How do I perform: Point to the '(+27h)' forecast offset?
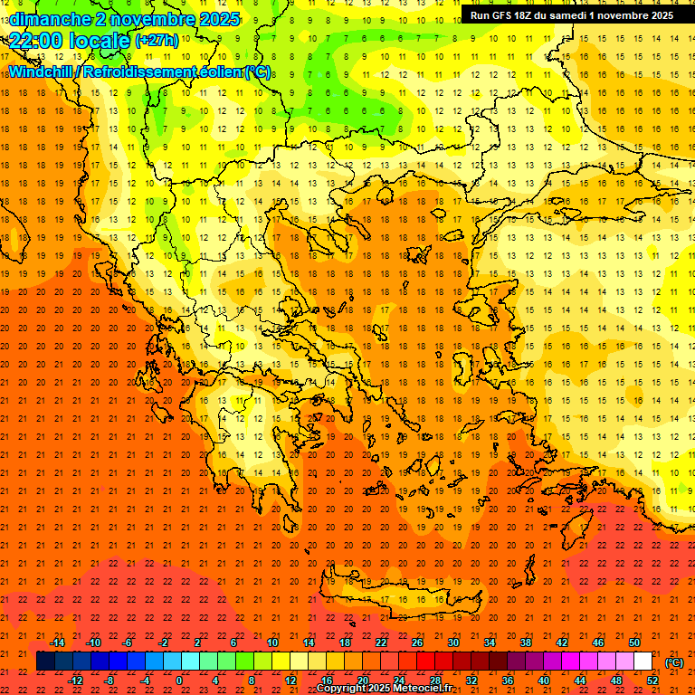click(157, 41)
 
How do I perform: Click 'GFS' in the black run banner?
click(500, 15)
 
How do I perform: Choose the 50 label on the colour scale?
click(634, 643)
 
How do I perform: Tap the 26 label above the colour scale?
click(417, 643)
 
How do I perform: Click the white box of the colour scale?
click(643, 662)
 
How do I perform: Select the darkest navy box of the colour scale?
click(45, 662)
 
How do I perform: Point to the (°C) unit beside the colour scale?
click(674, 662)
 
